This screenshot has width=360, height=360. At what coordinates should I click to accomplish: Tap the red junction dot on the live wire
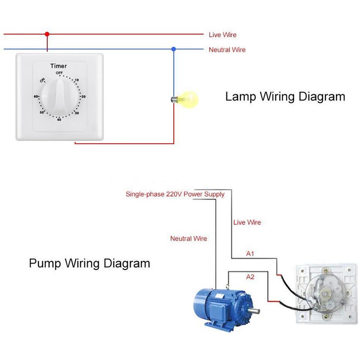coord(47,34)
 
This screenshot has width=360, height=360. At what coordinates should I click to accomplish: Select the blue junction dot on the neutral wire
coord(173,49)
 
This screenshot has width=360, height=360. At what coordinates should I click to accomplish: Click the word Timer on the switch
coord(58,66)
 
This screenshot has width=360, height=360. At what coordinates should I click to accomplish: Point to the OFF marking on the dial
coord(59,73)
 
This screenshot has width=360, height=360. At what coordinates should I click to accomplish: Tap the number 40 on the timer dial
coord(59,119)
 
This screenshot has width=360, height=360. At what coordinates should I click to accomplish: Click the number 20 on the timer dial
coord(83,97)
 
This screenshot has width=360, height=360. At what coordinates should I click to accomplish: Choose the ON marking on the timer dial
coord(42,80)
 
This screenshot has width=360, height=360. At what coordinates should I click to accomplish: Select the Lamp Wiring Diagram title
coord(285,97)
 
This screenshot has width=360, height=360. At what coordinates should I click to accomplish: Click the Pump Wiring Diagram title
coord(89,263)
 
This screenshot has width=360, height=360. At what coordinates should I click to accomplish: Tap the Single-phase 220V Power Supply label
coord(175,194)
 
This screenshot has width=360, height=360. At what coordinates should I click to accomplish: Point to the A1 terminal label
coord(250,254)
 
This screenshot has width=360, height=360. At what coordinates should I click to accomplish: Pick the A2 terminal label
coord(250,277)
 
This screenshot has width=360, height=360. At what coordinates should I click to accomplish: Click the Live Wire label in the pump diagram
coord(247,222)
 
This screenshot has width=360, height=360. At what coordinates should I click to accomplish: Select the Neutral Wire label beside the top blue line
coord(227,50)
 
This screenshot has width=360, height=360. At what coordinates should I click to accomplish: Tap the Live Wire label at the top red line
coord(222,35)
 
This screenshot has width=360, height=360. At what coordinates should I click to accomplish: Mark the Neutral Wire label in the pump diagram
coord(188,239)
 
